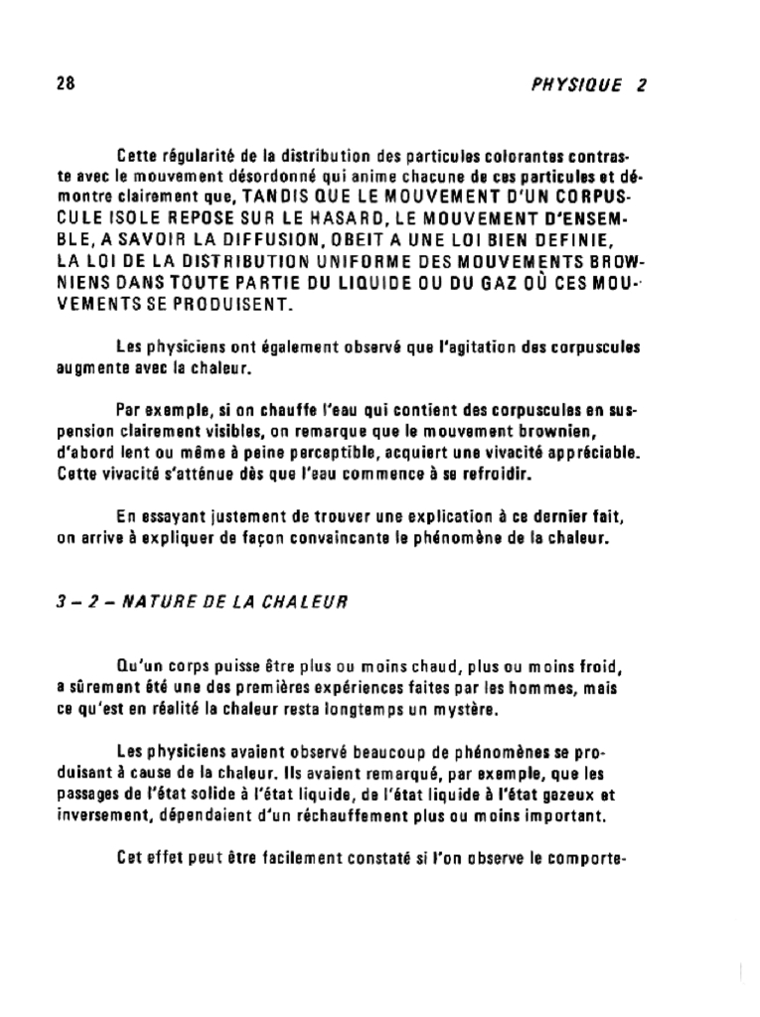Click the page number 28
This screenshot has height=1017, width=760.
(x=66, y=83)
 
